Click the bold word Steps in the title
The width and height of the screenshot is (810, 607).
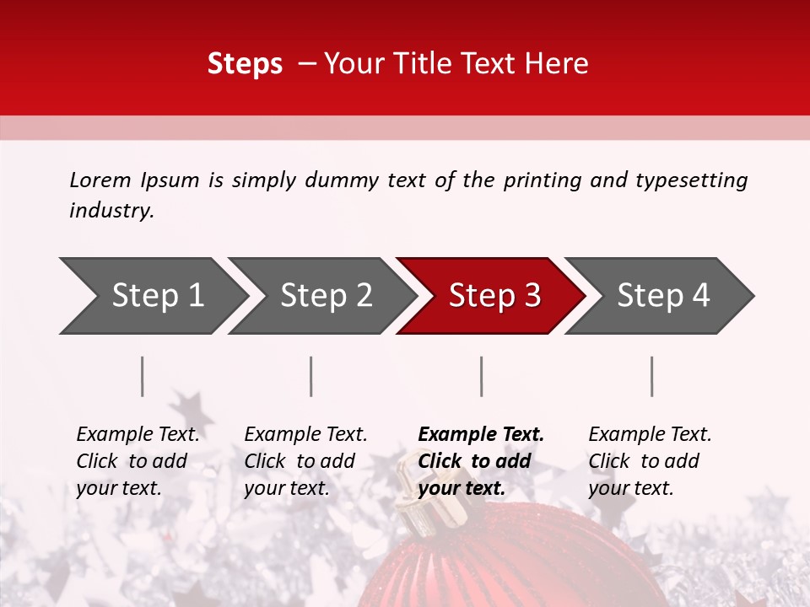pos(245,64)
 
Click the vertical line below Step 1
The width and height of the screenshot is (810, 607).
pos(143,376)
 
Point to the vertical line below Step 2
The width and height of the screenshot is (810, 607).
pos(311,376)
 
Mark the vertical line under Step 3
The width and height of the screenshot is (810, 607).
pos(482,376)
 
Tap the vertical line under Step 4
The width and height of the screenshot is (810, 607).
pos(652,376)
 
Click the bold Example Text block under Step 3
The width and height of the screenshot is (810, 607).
pos(480,461)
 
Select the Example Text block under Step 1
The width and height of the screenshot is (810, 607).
pos(138,461)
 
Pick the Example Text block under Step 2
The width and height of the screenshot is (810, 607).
pos(305,461)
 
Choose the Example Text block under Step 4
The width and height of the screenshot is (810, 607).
pos(650,461)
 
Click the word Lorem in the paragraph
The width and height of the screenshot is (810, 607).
pos(100,180)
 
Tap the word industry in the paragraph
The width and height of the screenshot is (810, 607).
pos(111,211)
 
